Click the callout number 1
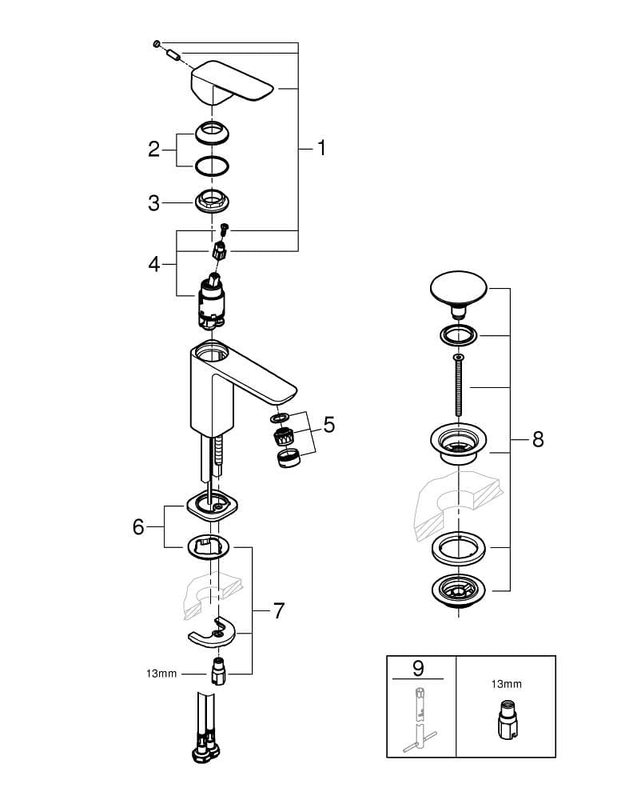[321, 148]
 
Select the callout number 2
[154, 149]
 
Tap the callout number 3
[154, 203]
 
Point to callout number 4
[154, 263]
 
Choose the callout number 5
[328, 425]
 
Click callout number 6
[139, 526]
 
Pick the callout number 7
[278, 610]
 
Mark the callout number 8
[538, 439]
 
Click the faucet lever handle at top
[232, 85]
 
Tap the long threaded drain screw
[458, 387]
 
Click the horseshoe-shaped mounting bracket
[213, 632]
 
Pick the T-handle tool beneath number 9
[420, 720]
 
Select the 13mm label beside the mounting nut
[161, 674]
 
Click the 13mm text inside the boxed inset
[505, 684]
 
